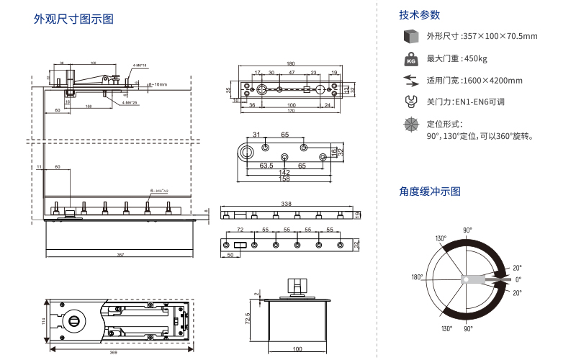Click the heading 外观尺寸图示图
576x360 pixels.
click(x=74, y=19)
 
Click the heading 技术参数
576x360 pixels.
click(x=420, y=14)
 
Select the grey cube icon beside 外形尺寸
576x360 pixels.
click(x=411, y=36)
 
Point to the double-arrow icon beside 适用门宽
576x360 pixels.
click(x=411, y=80)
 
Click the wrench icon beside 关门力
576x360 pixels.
click(x=411, y=102)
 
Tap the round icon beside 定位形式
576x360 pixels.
click(x=411, y=124)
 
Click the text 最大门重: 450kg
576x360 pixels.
click(x=457, y=58)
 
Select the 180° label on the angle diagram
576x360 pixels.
click(x=417, y=277)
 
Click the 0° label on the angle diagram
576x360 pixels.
click(x=518, y=279)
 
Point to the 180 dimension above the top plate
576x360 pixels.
click(x=290, y=63)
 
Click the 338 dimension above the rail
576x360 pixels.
click(x=287, y=204)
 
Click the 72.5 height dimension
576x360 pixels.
click(x=248, y=318)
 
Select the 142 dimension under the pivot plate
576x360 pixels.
click(x=284, y=172)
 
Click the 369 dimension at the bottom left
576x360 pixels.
click(x=114, y=352)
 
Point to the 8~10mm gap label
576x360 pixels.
click(x=158, y=85)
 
